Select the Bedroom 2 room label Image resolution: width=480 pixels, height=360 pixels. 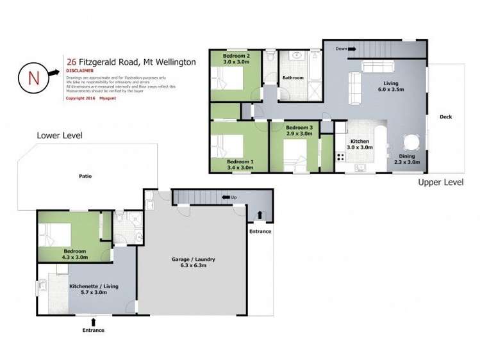click(236, 59)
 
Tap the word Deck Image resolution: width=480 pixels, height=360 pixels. click(446, 117)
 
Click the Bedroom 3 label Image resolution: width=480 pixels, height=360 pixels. click(299, 131)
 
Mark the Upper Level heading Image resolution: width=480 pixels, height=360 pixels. click(440, 183)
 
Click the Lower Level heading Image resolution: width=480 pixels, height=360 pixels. click(60, 136)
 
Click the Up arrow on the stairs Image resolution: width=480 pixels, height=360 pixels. click(226, 197)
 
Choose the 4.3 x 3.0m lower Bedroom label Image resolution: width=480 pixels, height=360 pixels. click(75, 254)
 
